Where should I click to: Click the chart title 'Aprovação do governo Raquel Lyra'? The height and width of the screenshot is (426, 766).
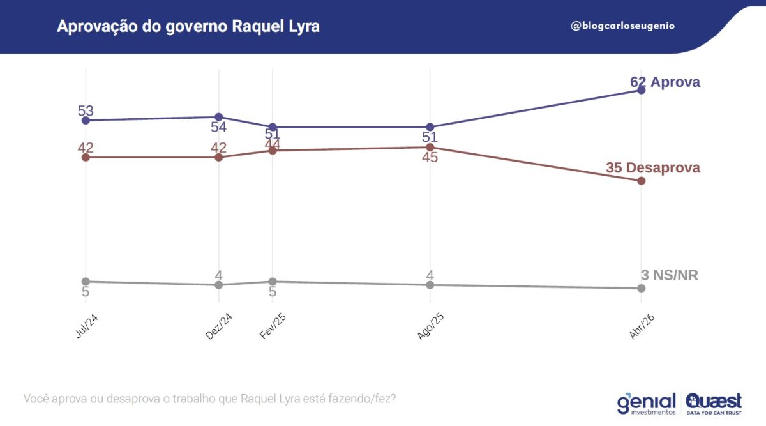click(x=188, y=27)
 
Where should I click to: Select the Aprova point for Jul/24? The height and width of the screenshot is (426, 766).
click(x=86, y=120)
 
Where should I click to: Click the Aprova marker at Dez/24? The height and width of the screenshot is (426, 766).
click(x=219, y=117)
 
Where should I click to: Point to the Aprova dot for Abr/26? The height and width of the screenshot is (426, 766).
click(x=642, y=90)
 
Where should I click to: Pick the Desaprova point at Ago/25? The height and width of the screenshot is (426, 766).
click(x=430, y=148)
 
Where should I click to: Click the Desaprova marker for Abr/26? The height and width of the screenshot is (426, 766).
click(x=642, y=181)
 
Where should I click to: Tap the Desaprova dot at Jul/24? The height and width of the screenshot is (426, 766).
click(x=86, y=157)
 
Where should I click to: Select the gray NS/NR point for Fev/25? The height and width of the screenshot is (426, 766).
click(x=273, y=282)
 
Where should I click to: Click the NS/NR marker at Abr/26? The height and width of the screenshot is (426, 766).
click(x=642, y=289)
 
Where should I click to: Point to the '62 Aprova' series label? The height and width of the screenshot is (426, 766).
click(x=665, y=82)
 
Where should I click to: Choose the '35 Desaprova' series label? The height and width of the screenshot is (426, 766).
click(x=652, y=168)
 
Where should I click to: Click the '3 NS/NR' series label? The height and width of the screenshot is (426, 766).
click(x=670, y=275)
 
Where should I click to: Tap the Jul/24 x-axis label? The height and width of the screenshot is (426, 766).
click(x=86, y=327)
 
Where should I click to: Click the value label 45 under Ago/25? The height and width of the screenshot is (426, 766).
click(x=430, y=157)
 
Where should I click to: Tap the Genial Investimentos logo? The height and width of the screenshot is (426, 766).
click(x=646, y=403)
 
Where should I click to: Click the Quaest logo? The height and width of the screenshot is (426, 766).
click(x=714, y=403)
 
